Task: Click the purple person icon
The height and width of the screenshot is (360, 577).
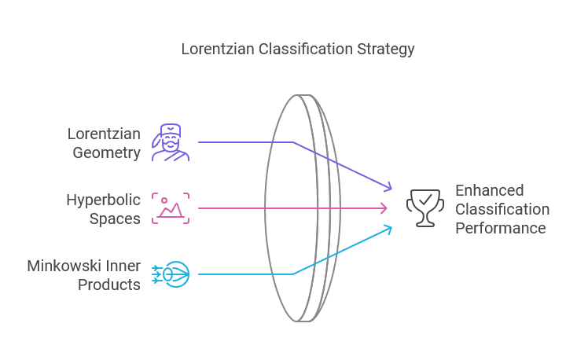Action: [171, 142]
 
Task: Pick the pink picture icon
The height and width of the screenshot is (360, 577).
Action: [171, 208]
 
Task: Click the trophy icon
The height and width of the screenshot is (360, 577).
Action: [424, 208]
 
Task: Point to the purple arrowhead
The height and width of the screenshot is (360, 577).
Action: [386, 187]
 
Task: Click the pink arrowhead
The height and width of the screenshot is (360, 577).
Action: [384, 208]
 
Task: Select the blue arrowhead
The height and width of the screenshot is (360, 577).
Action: [386, 229]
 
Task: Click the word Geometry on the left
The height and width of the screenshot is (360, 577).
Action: [107, 152]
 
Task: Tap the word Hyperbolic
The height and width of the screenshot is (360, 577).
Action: [103, 200]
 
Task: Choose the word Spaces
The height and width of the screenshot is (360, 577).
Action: [115, 219]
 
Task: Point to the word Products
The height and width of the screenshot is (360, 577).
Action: [109, 285]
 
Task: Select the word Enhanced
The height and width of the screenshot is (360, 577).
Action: [490, 190]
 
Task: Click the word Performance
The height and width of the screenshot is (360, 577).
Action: [501, 228]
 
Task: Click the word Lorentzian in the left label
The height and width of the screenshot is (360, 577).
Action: [104, 134]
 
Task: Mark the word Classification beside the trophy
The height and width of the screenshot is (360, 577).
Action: [502, 209]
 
